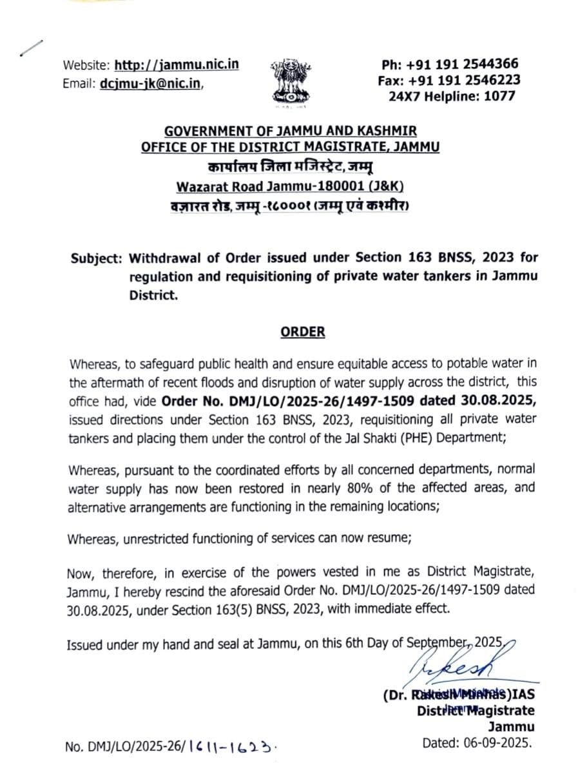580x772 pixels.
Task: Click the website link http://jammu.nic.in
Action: pyautogui.click(x=177, y=65)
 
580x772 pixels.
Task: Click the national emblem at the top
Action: pyautogui.click(x=290, y=81)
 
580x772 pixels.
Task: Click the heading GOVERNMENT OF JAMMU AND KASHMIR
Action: pyautogui.click(x=290, y=131)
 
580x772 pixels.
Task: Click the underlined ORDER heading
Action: pyautogui.click(x=302, y=333)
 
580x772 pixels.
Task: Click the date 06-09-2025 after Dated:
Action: pyautogui.click(x=499, y=742)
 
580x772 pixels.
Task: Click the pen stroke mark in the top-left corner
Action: pyautogui.click(x=32, y=48)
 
